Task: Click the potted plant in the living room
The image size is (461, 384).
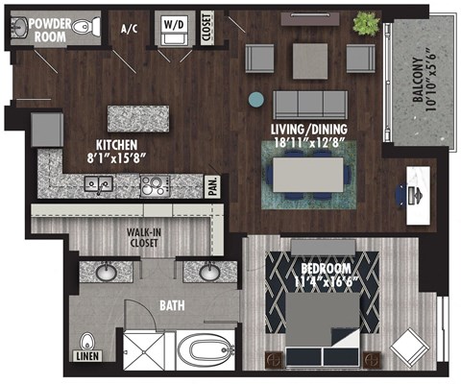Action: pyautogui.click(x=367, y=22)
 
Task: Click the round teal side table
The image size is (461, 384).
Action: pyautogui.click(x=255, y=98)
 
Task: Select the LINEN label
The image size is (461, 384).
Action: pyautogui.click(x=86, y=358)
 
